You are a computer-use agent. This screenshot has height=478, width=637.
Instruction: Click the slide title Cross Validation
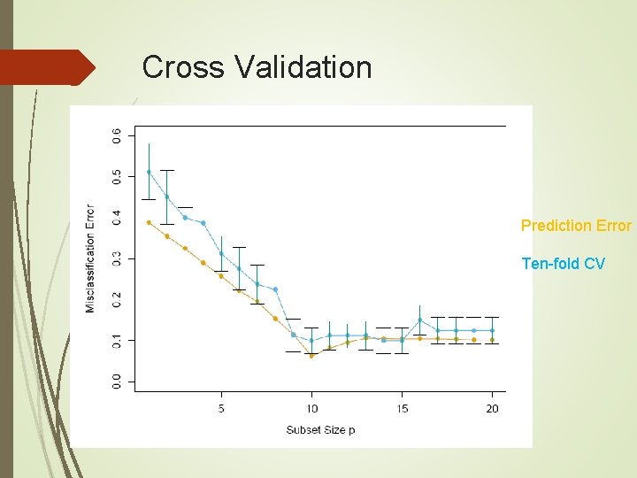click(x=257, y=67)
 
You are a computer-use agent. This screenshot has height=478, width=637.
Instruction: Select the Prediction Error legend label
click(x=576, y=226)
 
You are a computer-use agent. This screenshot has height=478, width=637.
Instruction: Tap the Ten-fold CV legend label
click(x=563, y=263)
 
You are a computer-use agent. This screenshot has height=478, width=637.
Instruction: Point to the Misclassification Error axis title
click(x=90, y=258)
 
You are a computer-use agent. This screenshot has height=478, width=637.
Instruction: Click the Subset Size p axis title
click(x=321, y=430)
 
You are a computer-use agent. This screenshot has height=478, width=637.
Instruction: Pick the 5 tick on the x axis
click(x=221, y=408)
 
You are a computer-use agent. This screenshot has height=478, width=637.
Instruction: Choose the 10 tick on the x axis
click(x=311, y=408)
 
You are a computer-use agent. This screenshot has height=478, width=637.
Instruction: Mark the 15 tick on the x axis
click(x=402, y=408)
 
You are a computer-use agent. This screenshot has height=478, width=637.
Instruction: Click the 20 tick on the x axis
click(x=493, y=408)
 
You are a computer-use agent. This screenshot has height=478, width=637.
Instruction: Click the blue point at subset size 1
click(x=149, y=172)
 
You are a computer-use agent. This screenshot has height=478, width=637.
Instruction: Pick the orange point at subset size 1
click(x=149, y=222)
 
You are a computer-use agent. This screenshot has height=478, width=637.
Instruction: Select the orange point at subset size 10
click(x=311, y=356)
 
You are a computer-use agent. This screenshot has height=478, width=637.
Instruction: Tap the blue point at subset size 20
click(x=493, y=330)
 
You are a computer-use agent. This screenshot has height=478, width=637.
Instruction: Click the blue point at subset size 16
click(x=420, y=320)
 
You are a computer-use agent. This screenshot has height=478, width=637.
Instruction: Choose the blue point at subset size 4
click(x=203, y=223)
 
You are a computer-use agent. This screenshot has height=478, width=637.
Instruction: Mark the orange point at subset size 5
click(x=221, y=276)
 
